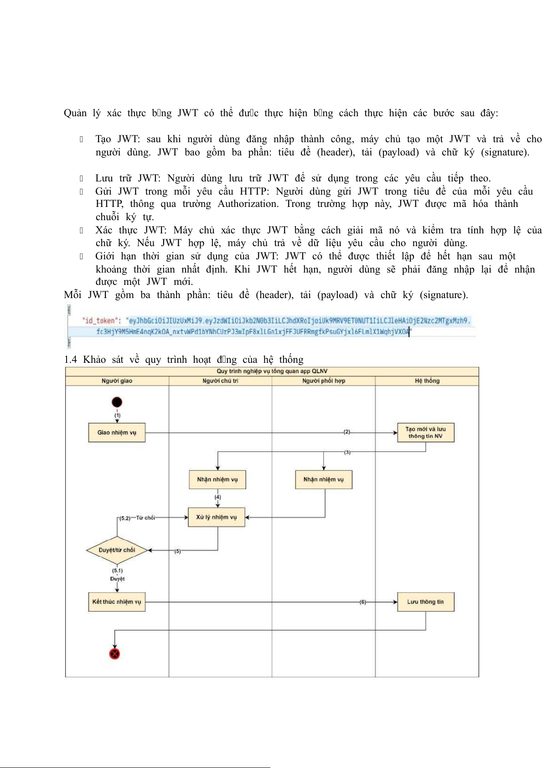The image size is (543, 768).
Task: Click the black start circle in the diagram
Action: tap(117, 402)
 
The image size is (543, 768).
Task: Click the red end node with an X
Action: tap(114, 654)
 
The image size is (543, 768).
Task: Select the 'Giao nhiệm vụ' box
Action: tap(117, 433)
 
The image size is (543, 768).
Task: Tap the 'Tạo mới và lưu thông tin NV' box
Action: tap(426, 433)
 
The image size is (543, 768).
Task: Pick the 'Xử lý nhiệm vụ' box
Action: tap(217, 517)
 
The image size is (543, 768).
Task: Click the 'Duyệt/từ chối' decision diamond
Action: tap(117, 550)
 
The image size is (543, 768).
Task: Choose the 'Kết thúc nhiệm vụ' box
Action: tap(117, 602)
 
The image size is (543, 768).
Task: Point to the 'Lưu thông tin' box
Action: tap(425, 602)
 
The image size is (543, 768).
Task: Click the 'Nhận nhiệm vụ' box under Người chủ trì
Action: tap(217, 479)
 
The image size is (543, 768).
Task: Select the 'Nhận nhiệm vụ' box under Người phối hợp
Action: tap(324, 479)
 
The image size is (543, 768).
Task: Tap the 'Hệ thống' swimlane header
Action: tap(427, 381)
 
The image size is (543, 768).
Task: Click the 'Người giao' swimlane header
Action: tap(117, 381)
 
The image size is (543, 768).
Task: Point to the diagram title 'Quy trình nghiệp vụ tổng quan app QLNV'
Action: tap(272, 371)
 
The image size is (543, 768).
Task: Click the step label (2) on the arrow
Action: tap(347, 432)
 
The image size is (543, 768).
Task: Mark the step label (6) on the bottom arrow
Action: tap(363, 602)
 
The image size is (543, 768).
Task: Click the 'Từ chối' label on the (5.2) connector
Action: tap(145, 518)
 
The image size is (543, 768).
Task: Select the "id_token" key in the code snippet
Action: tap(99, 320)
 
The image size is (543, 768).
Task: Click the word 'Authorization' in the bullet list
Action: tap(248, 204)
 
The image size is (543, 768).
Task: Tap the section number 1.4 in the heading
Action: tap(71, 360)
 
